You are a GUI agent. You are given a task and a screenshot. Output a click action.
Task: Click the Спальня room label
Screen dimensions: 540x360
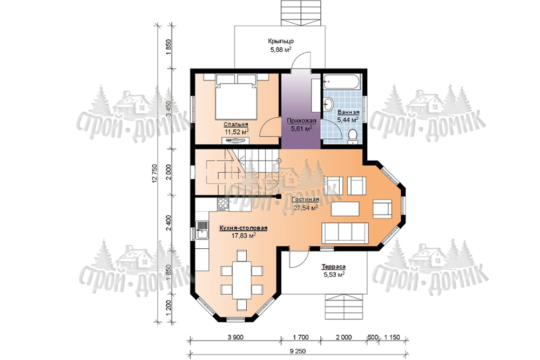point(236,124)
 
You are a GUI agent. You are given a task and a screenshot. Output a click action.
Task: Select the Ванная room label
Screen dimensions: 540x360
point(348,112)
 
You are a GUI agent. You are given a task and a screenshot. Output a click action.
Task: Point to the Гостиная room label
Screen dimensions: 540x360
point(305,200)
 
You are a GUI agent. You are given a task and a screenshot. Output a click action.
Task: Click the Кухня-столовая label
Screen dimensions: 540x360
point(244,228)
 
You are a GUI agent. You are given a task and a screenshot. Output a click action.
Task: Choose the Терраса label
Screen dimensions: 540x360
point(334,267)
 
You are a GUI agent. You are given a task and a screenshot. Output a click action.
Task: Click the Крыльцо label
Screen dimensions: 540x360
point(281,41)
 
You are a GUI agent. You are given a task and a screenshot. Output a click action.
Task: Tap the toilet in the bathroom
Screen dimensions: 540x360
point(352,137)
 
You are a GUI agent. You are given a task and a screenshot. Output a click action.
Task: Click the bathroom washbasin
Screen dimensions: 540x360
point(328,103)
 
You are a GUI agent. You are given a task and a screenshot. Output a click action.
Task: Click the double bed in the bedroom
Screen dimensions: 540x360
point(237,97)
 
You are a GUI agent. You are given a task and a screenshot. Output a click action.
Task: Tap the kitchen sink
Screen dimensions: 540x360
point(202,230)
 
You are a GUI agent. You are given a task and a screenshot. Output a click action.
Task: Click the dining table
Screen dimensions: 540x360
point(242,280)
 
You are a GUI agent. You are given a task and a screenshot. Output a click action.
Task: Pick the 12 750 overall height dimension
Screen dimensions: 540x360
point(154,174)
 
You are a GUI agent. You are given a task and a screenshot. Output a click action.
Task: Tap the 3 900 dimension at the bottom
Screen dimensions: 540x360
point(235,337)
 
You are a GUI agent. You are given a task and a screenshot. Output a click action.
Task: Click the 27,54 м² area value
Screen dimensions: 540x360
point(306,208)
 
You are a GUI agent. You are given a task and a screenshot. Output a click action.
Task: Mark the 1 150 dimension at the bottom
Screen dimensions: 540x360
point(392,337)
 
